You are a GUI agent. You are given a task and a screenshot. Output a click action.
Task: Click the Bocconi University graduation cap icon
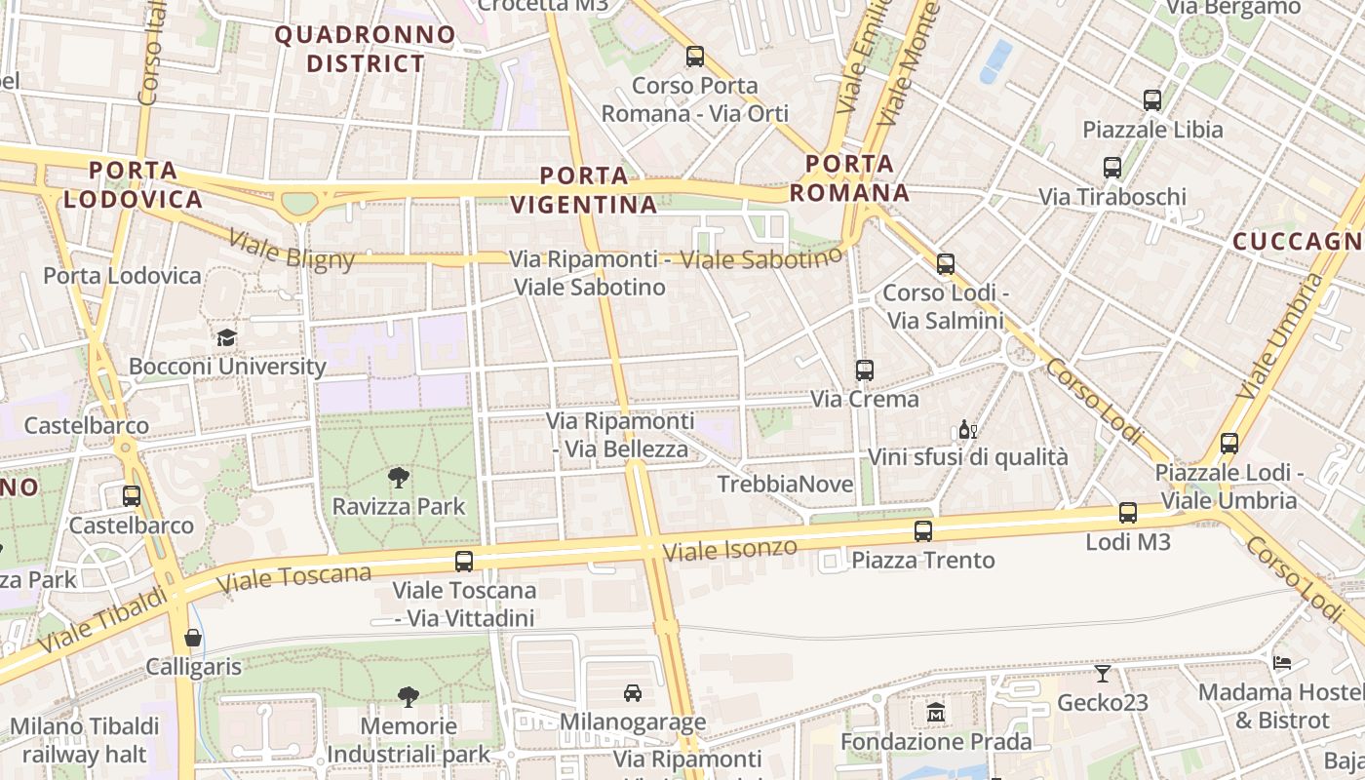pos(226,337)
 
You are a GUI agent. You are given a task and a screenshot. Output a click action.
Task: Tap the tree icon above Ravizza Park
pos(398,477)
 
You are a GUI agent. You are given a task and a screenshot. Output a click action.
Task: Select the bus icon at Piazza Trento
pos(922,531)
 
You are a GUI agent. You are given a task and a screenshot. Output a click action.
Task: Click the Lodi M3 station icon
pos(1128,513)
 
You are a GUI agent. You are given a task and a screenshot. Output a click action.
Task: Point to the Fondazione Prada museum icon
pos(936,713)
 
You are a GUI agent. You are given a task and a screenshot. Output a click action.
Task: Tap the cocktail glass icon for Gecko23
pos(1102,673)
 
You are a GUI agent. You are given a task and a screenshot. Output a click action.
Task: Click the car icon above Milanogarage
pos(632,693)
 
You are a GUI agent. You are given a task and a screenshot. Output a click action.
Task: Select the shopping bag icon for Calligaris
pos(193,639)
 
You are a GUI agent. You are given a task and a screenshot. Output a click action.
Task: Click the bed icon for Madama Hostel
pos(1282,663)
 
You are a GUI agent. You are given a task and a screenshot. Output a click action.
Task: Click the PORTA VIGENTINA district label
pos(584,190)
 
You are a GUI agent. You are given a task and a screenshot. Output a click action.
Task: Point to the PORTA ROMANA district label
pos(849,178)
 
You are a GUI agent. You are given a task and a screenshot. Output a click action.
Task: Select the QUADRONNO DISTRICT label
pos(366,50)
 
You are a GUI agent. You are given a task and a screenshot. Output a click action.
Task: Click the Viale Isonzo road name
pos(729,550)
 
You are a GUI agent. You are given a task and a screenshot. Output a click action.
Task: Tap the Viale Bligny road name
pos(292,249)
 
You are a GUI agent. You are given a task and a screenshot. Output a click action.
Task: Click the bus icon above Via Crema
pos(865,370)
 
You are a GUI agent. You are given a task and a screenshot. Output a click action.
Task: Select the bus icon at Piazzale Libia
pos(1152,99)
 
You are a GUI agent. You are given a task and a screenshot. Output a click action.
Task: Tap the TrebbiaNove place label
pos(785,485)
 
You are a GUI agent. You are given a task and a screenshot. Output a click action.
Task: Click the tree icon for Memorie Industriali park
pos(409,696)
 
